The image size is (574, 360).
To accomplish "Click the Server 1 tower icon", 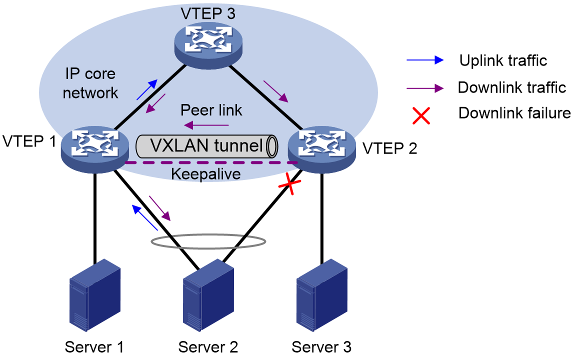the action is [x=95, y=295].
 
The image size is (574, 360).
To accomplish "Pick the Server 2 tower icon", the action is [x=208, y=295].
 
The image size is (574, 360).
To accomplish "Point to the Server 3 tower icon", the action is [x=322, y=295].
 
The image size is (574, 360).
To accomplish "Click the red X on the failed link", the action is [x=289, y=184].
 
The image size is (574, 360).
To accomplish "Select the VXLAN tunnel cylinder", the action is [x=207, y=146].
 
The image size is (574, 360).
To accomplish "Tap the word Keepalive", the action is [x=205, y=174].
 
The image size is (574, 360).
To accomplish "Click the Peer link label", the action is [x=211, y=110].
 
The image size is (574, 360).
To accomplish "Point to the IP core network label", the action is [x=90, y=83].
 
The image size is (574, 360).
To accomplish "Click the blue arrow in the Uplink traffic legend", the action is [x=425, y=60].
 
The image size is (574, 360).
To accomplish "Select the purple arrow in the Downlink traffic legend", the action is [x=425, y=88].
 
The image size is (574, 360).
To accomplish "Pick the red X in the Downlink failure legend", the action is [x=421, y=115].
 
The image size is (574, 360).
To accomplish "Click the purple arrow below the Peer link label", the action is [x=206, y=125].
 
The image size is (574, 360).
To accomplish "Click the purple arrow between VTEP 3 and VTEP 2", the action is [x=276, y=91].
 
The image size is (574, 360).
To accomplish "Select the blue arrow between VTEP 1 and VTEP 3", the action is [x=147, y=89].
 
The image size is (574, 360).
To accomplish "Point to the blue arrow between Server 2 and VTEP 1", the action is [x=144, y=217].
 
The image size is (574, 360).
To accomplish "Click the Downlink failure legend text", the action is [x=514, y=113].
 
